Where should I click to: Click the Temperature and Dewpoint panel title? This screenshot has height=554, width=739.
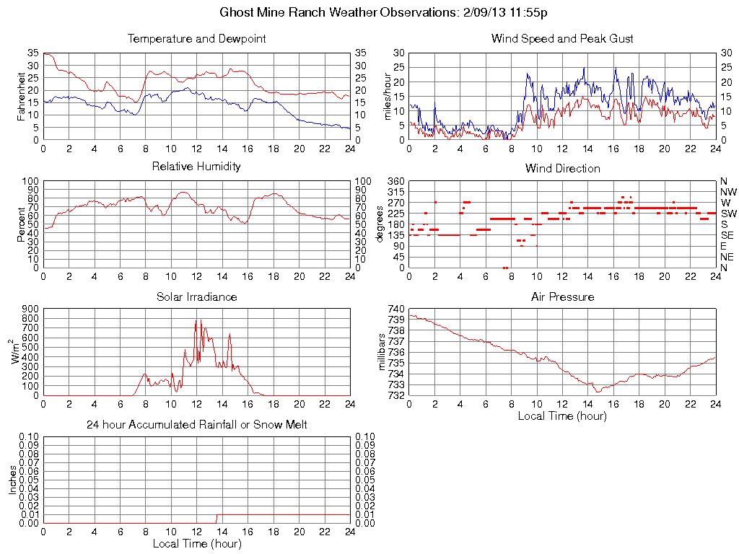tap(196, 39)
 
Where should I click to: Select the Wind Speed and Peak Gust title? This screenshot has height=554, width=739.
tap(562, 39)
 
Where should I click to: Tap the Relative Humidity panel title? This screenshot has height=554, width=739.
tap(196, 167)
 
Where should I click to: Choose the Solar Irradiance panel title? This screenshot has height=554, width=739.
tap(196, 296)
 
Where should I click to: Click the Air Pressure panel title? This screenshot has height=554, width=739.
tap(562, 296)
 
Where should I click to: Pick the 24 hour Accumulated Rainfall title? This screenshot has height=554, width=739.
tap(196, 425)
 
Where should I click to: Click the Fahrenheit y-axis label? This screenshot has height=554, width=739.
tap(21, 96)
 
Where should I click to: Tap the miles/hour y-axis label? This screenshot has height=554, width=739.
tap(387, 97)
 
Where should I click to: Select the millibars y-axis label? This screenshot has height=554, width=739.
tap(383, 352)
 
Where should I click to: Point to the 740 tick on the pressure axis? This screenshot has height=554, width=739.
tap(395, 309)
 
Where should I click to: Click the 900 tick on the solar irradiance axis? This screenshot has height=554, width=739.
tap(30, 309)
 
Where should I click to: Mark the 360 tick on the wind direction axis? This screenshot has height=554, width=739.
tap(395, 181)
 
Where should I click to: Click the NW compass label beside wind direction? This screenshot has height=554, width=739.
tap(727, 192)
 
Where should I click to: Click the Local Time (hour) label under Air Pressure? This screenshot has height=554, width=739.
tap(562, 415)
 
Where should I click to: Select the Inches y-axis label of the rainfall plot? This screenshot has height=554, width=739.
tap(13, 480)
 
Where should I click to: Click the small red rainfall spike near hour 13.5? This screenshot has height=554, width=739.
tap(216, 519)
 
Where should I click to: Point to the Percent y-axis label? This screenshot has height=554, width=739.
tap(21, 224)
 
